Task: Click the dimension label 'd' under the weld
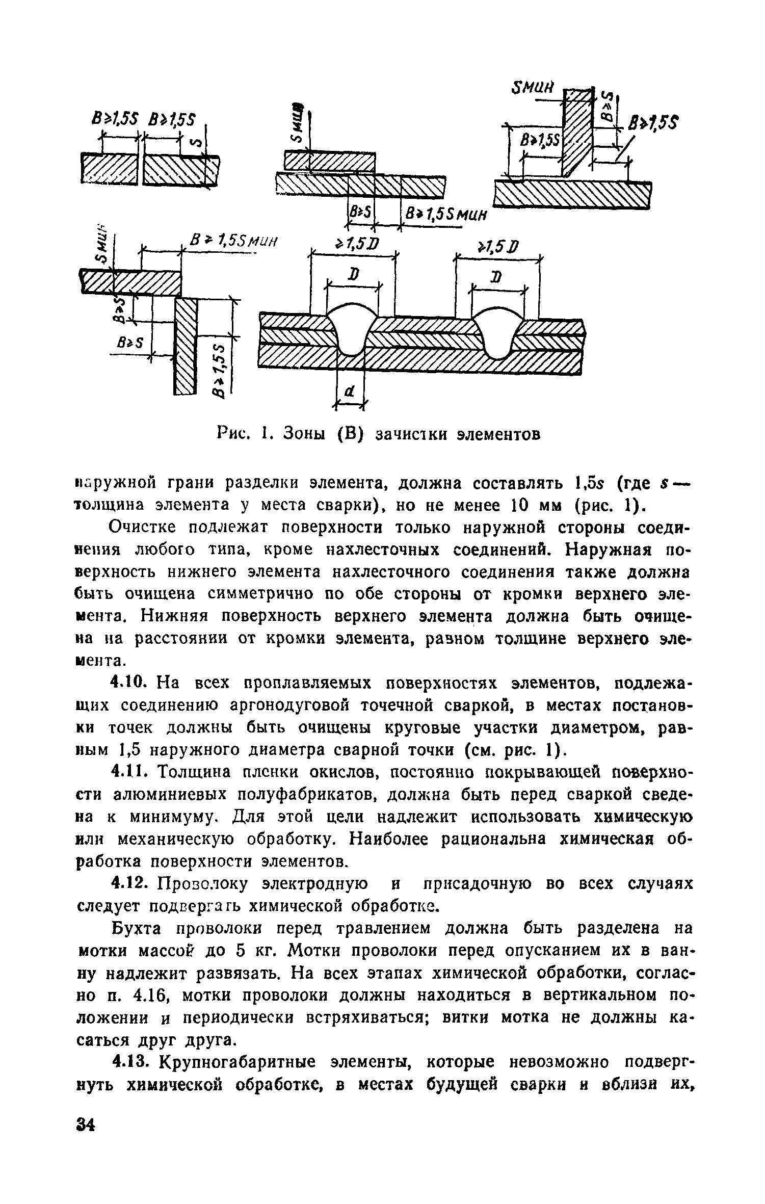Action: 350,391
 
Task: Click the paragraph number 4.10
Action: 130,682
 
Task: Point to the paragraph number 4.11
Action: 130,773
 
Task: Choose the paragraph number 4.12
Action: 130,884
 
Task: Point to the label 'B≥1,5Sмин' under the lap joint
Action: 444,216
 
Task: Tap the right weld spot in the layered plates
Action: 496,331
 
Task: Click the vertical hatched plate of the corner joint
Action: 186,347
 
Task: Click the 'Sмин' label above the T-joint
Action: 532,88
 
